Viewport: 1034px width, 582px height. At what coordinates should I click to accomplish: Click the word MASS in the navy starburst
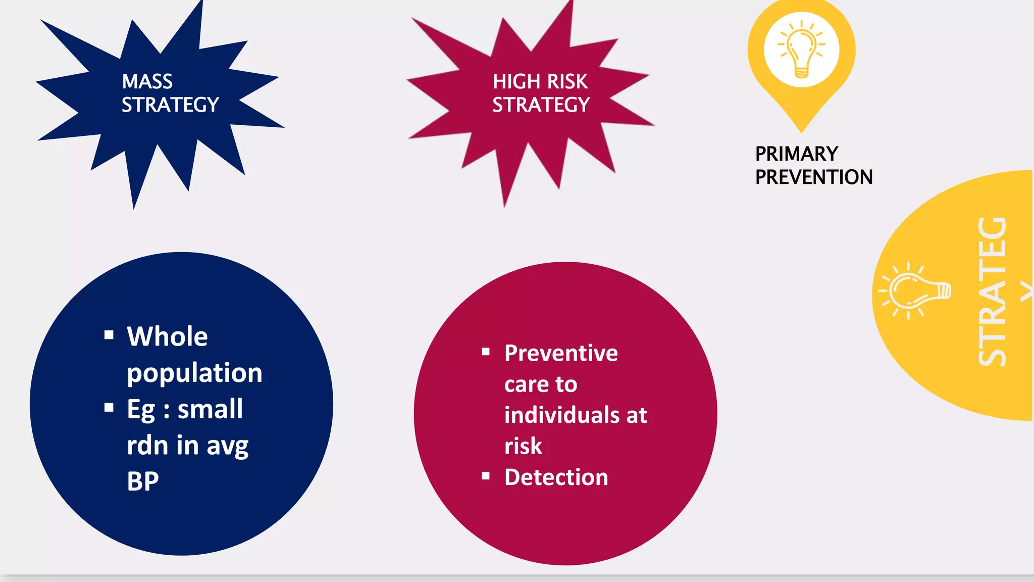pos(147,82)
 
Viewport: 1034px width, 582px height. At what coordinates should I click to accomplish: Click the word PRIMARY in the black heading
pos(796,154)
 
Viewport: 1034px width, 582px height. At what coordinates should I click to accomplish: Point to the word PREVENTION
pos(813,177)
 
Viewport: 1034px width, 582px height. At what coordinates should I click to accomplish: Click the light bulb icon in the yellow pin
pos(801,50)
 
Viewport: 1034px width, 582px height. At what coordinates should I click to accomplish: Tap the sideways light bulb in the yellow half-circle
pos(915,292)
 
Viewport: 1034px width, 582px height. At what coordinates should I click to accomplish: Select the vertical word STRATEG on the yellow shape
pos(993,292)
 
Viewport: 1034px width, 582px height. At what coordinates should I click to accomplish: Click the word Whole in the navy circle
pos(167,336)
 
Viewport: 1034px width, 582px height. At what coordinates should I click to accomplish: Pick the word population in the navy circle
pos(194,373)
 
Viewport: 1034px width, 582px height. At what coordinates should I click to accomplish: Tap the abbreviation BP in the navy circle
pos(143,481)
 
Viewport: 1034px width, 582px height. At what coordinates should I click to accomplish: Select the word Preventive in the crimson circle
pos(561,353)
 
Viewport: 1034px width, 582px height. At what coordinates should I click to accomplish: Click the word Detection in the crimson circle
pos(556,477)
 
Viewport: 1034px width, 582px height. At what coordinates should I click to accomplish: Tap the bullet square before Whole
pos(109,334)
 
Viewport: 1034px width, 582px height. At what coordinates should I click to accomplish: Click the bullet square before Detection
pos(486,475)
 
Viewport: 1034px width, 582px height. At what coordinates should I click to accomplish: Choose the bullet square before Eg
pos(109,407)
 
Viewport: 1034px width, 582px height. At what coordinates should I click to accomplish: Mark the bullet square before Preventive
pos(486,352)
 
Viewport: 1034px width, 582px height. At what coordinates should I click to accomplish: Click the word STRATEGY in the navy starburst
pos(170,105)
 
